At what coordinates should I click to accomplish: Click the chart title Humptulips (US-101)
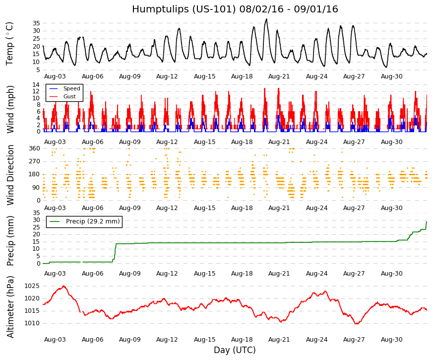tap(184, 9)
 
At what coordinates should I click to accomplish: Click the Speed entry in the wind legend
tap(71, 88)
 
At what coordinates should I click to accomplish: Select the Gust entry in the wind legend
tap(69, 96)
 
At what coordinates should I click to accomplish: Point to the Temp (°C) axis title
tap(9, 44)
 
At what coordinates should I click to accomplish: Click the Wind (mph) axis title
tap(10, 109)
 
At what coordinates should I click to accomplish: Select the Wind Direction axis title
tap(10, 175)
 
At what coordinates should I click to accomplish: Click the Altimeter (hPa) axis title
tap(10, 307)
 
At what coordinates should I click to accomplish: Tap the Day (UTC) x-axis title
tap(235, 350)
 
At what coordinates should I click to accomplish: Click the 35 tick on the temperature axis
tap(36, 23)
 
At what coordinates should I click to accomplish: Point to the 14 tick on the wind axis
tap(36, 85)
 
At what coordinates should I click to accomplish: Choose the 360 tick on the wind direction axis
tap(34, 148)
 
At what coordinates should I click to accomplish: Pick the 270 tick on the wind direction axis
tap(34, 161)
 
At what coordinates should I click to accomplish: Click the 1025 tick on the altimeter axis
tap(32, 286)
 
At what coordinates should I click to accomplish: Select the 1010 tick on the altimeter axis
tap(32, 323)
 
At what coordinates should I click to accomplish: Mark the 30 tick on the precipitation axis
tap(36, 220)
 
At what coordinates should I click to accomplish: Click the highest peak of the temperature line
tap(266, 19)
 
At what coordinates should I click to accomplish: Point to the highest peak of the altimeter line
tap(63, 286)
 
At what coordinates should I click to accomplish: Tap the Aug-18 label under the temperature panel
tap(242, 76)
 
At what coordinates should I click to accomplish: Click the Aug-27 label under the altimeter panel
tap(354, 340)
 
